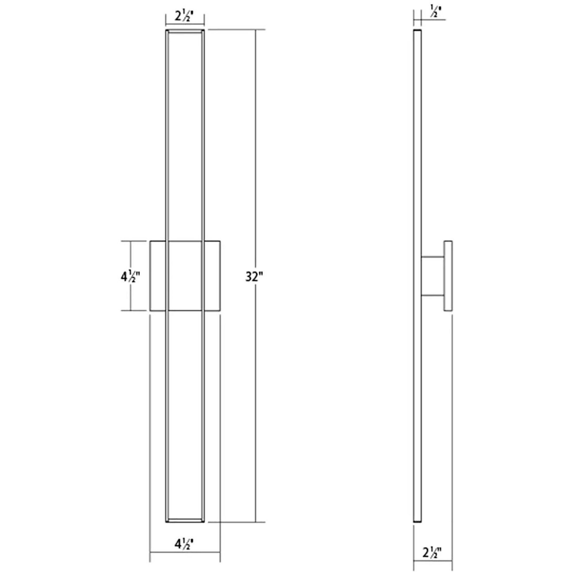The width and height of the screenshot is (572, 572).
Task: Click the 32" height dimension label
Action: (254, 277)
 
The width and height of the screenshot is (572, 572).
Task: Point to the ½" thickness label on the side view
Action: (434, 13)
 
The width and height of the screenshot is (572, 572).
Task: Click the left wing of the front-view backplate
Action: (158, 276)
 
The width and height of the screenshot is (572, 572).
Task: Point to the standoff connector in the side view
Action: (433, 276)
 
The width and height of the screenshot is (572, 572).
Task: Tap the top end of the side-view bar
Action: (418, 31)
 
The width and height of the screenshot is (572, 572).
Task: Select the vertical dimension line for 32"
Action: (256, 148)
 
